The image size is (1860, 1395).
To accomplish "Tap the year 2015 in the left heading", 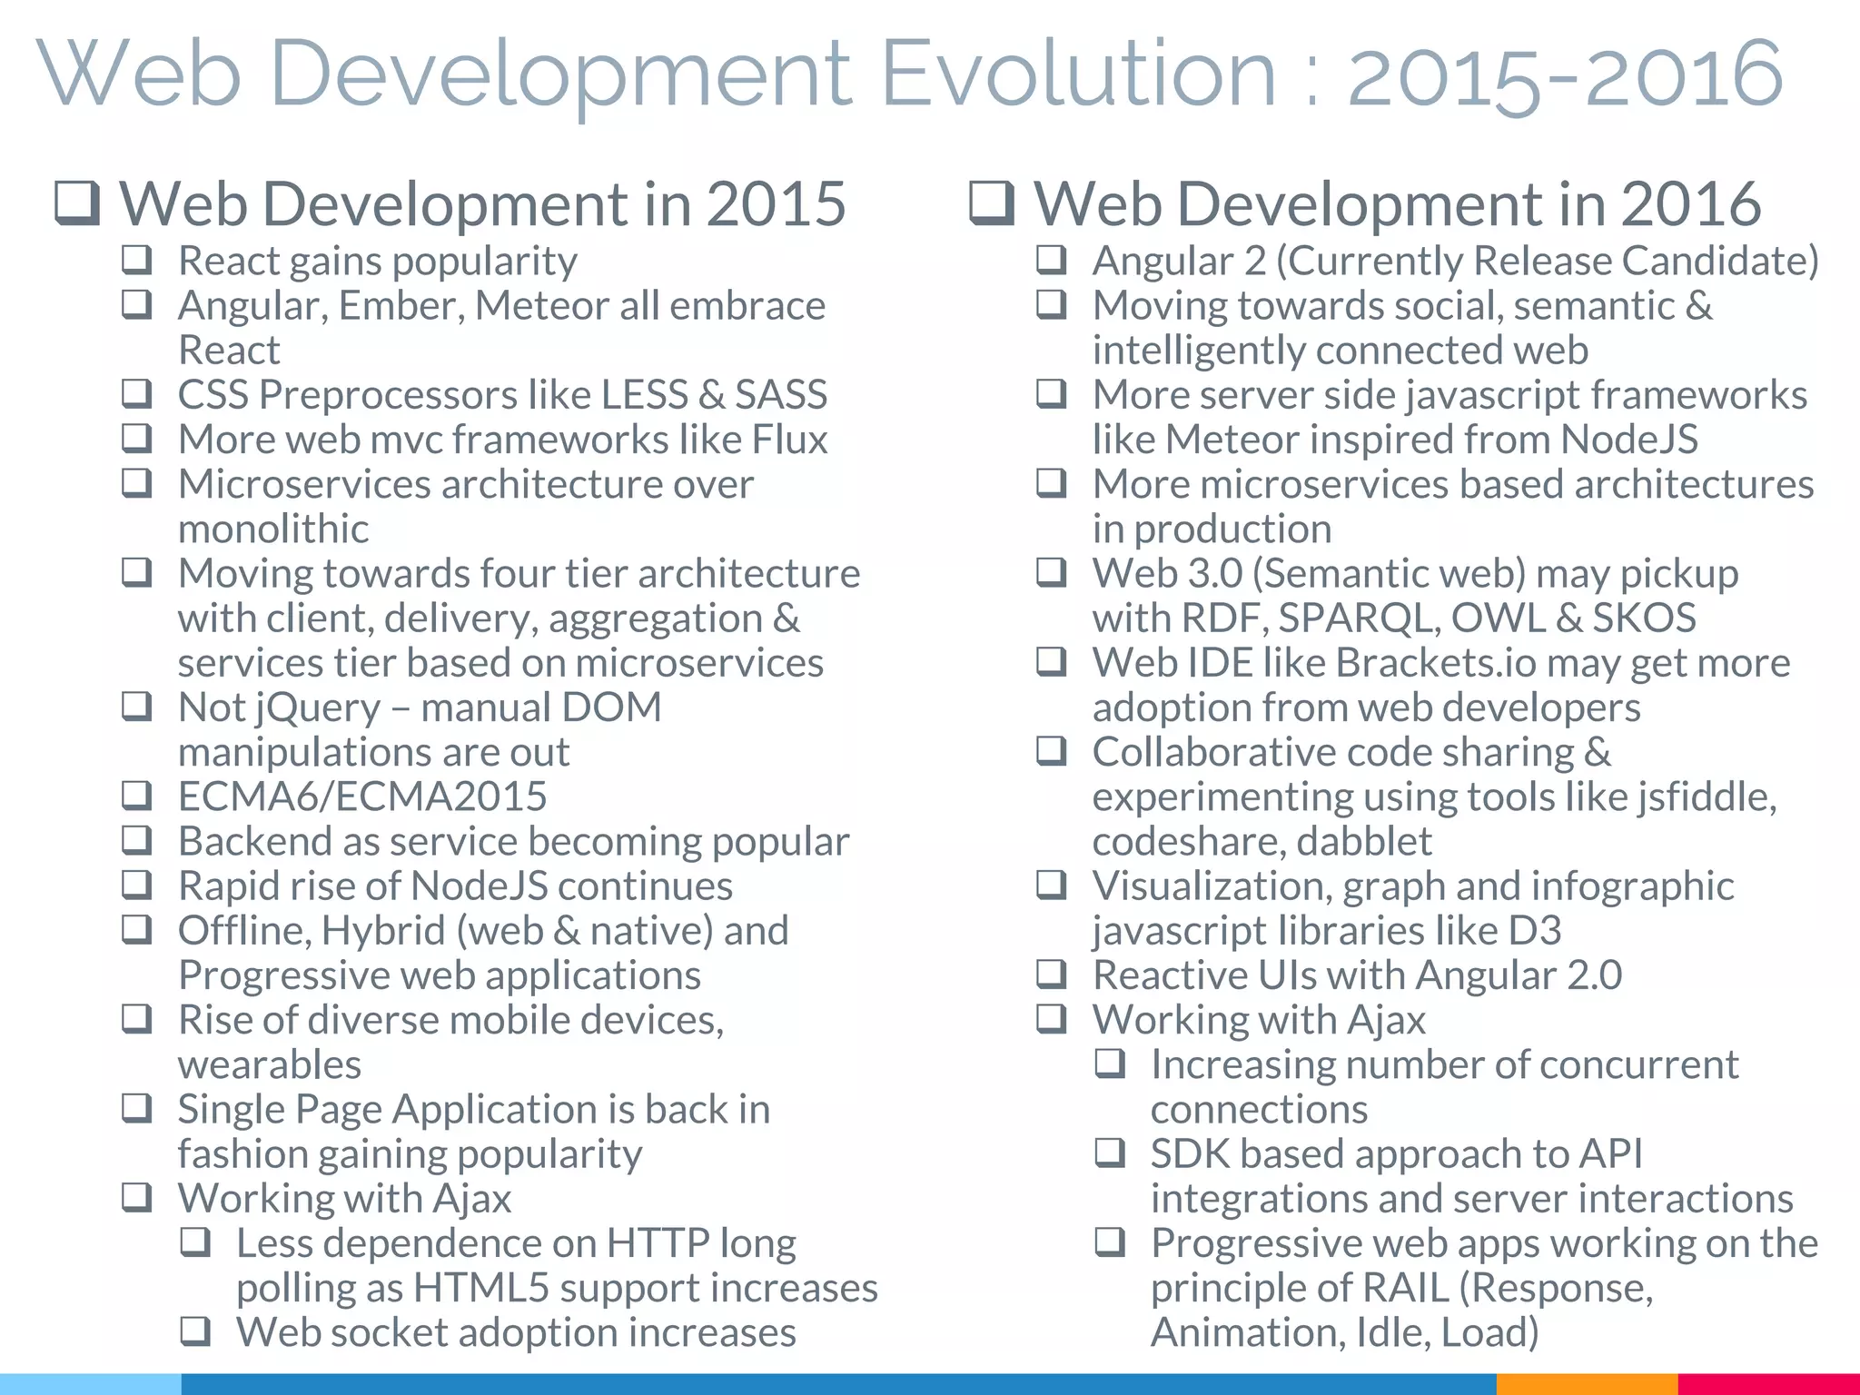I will pos(777,203).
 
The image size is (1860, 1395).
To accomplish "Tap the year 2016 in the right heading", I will pos(1691,203).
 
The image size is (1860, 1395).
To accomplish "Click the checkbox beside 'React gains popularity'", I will pos(136,260).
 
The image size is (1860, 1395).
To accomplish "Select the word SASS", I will pos(781,395).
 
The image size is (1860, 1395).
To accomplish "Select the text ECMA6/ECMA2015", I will pos(362,796).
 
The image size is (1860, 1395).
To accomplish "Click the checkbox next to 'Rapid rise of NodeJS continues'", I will pos(136,884).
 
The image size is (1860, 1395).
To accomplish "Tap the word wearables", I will pos(270,1064).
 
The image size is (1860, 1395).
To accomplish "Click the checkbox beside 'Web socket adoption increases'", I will pos(195,1331).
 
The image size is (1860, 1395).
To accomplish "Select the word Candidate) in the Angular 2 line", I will pos(1720,261).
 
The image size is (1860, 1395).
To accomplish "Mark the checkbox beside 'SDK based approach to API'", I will pos(1110,1153).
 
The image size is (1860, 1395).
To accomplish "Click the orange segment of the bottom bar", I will pos(1586,1384).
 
